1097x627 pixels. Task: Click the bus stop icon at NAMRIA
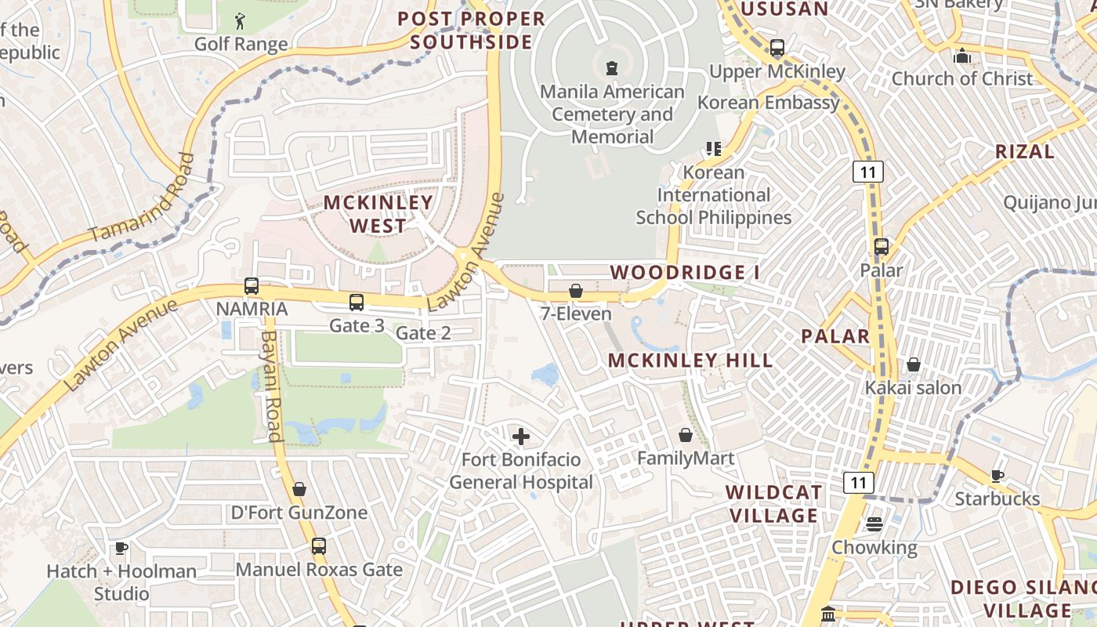tap(251, 286)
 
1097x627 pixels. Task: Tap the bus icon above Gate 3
tap(357, 302)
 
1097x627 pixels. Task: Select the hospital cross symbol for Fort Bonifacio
tap(520, 437)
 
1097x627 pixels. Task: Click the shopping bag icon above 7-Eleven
tap(576, 292)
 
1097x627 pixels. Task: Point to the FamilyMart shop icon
tap(686, 435)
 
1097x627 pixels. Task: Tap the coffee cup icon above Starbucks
tap(997, 476)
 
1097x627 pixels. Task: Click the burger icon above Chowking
tap(874, 524)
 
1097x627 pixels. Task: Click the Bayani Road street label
tap(270, 386)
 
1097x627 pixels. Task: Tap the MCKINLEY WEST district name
tap(378, 214)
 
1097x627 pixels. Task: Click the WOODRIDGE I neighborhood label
tap(685, 273)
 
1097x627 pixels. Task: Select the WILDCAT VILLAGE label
tap(773, 504)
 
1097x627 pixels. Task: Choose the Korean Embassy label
tap(768, 103)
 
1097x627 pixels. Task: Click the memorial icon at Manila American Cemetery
tap(612, 68)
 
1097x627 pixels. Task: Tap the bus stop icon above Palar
tap(882, 247)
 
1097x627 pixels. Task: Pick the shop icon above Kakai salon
tap(913, 364)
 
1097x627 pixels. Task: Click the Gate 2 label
tap(423, 333)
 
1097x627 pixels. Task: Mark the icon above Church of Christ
tap(961, 56)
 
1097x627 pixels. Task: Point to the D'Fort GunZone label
tap(299, 513)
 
